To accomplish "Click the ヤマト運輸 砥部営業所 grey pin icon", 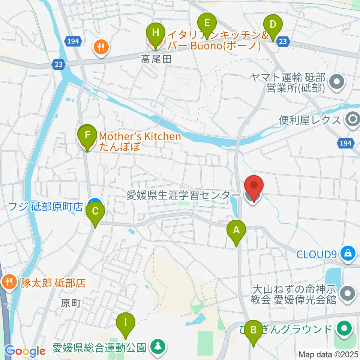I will tap(336, 82).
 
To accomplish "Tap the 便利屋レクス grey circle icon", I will tap(352, 120).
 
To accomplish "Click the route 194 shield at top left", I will tap(73, 41).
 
